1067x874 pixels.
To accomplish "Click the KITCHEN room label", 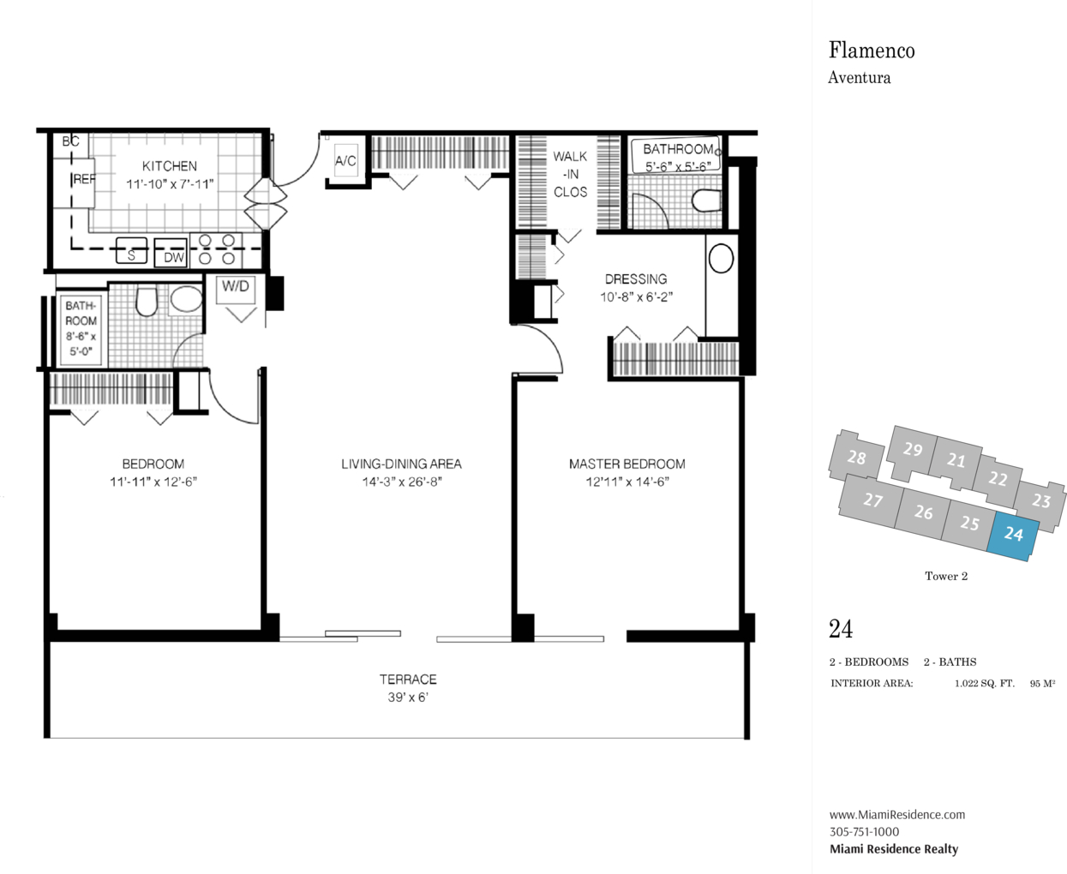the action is tap(170, 166).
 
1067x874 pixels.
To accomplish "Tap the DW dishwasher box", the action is tap(171, 253).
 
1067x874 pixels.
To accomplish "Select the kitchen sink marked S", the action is tap(131, 250).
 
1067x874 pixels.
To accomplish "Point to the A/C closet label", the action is tap(345, 161).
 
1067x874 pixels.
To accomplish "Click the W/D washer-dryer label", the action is tap(236, 286).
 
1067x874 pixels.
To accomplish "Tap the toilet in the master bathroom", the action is tap(706, 201).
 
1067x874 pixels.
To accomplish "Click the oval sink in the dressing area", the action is tap(721, 259).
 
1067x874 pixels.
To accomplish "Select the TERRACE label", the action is tap(408, 679).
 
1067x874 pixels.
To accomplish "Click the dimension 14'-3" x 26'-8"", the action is tap(402, 482).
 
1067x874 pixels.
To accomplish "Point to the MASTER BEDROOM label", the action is tap(627, 464).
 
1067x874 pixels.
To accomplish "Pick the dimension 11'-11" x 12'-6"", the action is tap(153, 482).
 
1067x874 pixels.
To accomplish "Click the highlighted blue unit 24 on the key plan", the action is tap(1013, 536).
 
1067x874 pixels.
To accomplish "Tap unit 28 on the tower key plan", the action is tap(856, 458).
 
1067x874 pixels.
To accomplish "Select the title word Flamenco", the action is tap(872, 51).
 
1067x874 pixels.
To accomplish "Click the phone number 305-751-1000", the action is tap(864, 831).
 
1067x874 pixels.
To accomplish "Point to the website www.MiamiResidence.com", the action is tap(897, 814).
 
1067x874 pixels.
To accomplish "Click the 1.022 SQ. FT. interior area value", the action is tap(985, 684).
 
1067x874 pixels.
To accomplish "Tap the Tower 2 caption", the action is tap(946, 576).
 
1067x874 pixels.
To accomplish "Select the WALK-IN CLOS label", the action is tap(570, 174).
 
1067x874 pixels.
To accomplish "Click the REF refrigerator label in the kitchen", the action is tap(85, 179).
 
